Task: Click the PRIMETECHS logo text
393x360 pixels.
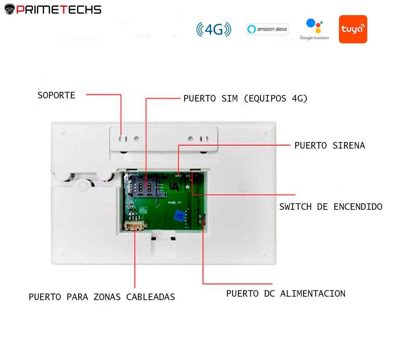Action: pos(59,10)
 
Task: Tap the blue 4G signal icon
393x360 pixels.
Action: pos(214,29)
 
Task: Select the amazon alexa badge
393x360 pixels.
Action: pos(267,29)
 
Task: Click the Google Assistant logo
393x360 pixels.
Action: pos(314,29)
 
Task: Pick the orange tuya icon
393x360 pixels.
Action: pos(353,29)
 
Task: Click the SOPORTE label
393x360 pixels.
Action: pos(56,95)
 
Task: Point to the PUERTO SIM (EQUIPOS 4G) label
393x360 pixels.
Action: pos(245,98)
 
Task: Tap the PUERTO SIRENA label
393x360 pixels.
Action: pos(329,145)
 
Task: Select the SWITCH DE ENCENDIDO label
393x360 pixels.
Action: pos(330,207)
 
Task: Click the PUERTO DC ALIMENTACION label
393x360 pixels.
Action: pos(286,293)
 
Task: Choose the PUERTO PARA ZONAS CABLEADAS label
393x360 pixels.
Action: pos(102,297)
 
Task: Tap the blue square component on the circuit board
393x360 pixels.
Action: pos(180,215)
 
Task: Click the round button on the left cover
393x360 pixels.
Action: pos(83,186)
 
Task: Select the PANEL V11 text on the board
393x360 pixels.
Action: pos(175,203)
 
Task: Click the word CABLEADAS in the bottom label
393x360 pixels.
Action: pos(150,297)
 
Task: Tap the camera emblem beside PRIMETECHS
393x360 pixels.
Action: pos(10,10)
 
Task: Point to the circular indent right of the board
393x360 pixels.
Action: pos(244,186)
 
